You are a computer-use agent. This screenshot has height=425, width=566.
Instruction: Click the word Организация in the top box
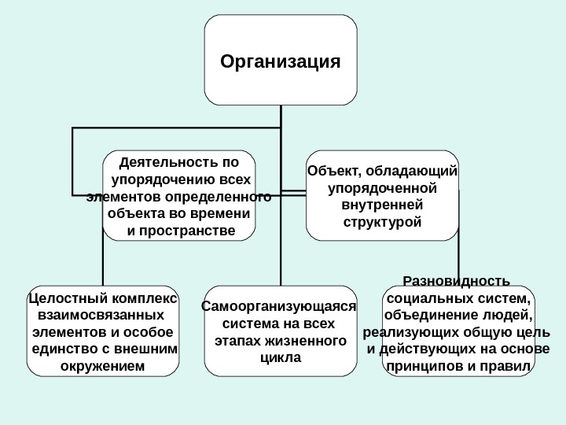click(x=281, y=61)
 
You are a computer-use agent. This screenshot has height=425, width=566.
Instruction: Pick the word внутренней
click(x=383, y=205)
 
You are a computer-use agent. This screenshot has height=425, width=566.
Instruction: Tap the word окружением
click(x=103, y=366)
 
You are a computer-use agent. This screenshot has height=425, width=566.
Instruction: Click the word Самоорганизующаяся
click(x=279, y=307)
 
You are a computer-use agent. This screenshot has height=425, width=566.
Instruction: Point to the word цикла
click(x=279, y=357)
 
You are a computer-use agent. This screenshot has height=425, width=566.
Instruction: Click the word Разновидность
click(x=456, y=282)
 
